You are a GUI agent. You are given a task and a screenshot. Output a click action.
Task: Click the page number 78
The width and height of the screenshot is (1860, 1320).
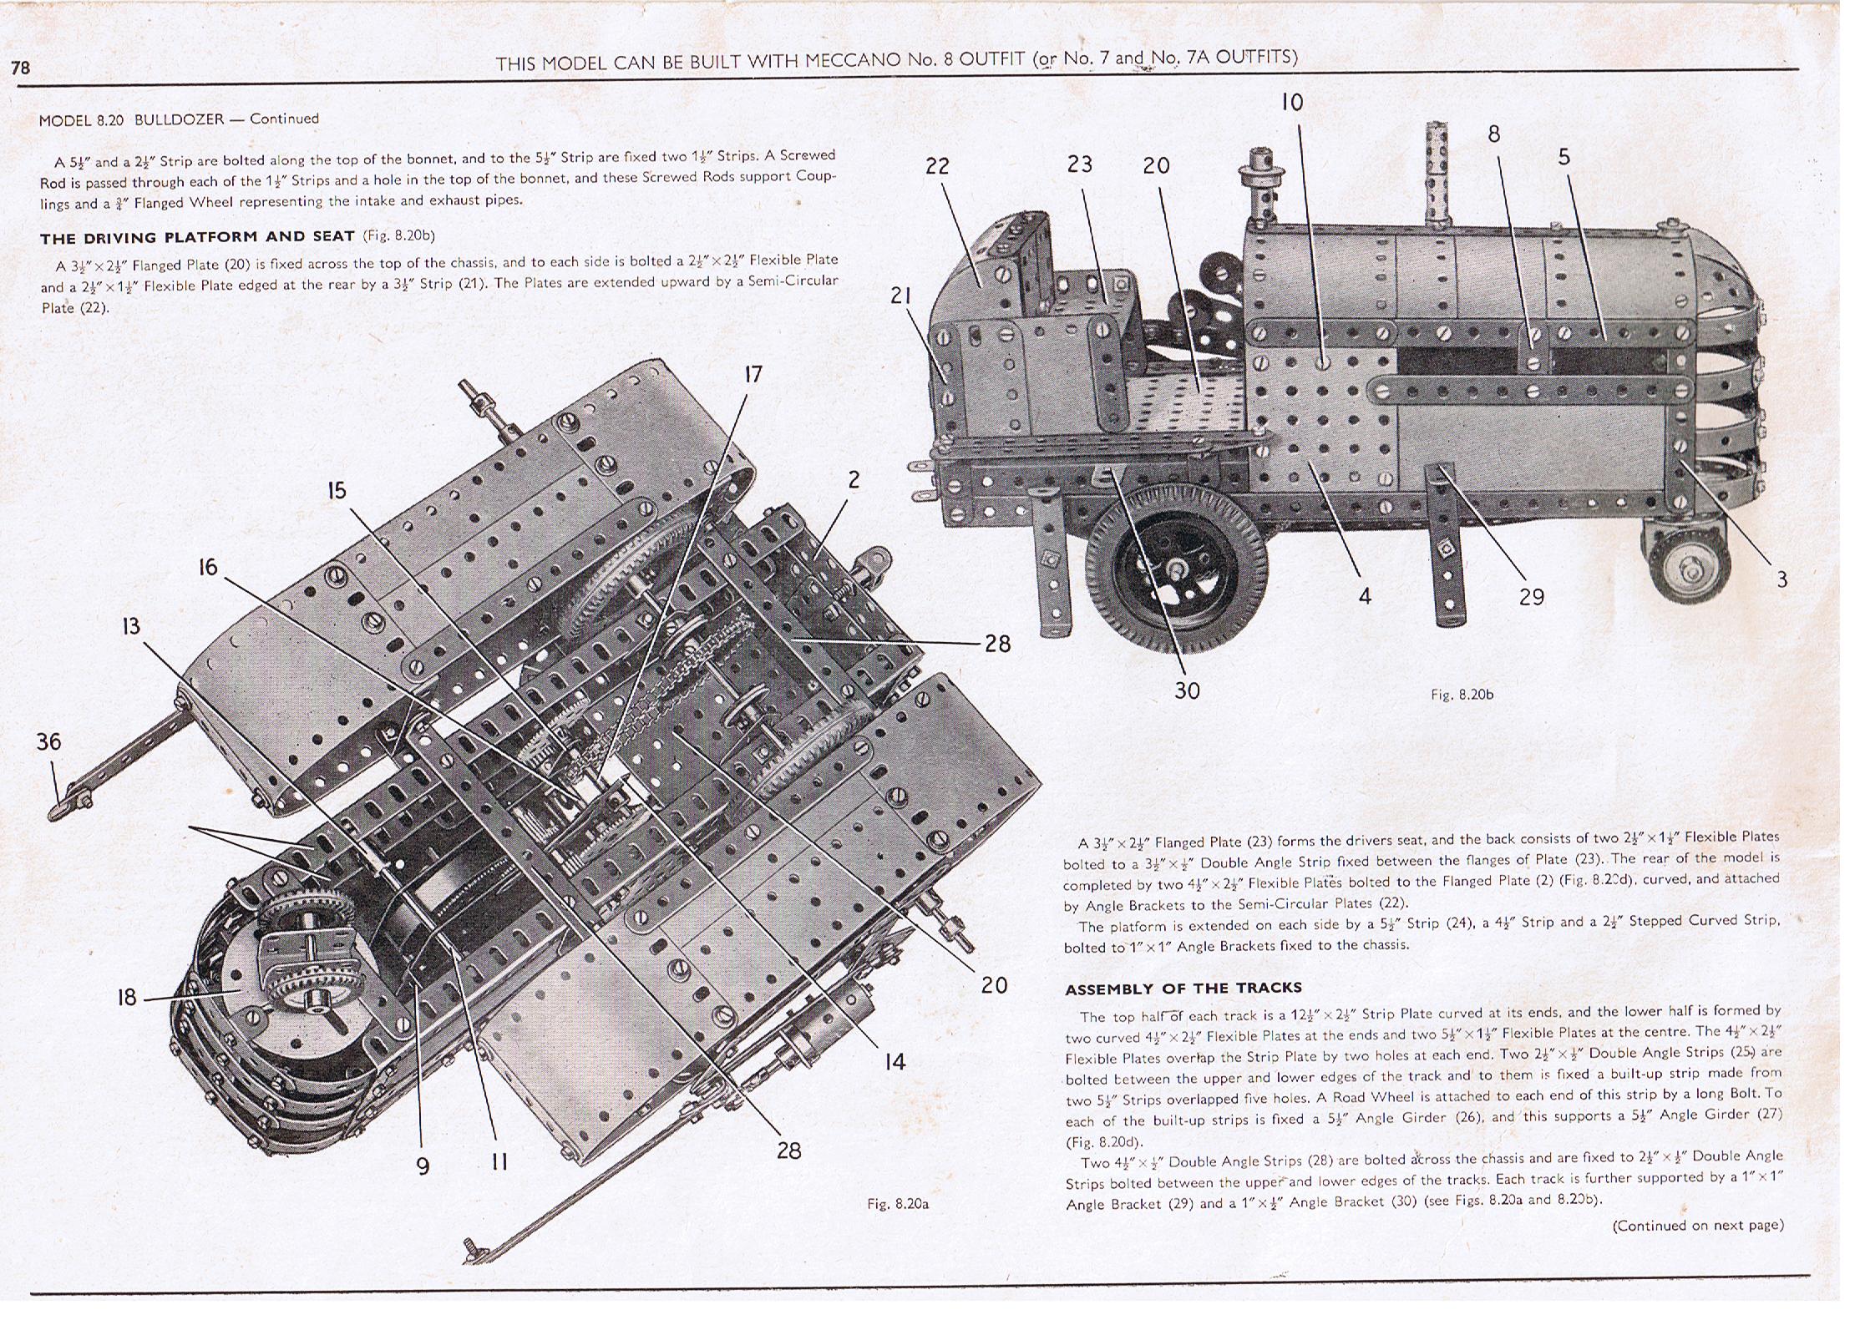[x=21, y=67]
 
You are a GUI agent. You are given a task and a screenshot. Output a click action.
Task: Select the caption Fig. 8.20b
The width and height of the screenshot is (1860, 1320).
[x=1461, y=694]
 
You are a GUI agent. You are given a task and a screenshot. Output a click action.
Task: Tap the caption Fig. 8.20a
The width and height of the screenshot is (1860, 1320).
[x=898, y=1203]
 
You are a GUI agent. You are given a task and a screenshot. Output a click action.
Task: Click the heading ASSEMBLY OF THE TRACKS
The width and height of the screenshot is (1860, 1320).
[x=1183, y=989]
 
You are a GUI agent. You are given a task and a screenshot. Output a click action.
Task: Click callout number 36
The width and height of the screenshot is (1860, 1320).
[x=48, y=741]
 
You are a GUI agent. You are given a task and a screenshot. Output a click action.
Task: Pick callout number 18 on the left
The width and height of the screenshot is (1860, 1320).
[x=126, y=998]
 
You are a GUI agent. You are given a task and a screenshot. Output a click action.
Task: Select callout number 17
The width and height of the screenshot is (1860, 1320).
[x=753, y=374]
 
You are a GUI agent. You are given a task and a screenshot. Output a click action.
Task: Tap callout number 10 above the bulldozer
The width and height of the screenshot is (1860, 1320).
[x=1291, y=103]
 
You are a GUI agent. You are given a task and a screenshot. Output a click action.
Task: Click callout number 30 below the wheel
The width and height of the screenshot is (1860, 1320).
[x=1187, y=690]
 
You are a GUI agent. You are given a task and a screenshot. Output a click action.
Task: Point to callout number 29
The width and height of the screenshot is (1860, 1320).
[x=1531, y=597]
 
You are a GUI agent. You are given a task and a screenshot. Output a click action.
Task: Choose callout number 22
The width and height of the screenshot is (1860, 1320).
[x=937, y=166]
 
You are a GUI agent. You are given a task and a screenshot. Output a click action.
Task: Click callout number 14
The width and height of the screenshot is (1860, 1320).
[x=895, y=1062]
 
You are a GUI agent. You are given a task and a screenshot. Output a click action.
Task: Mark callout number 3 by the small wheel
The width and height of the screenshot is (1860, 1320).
[x=1781, y=579]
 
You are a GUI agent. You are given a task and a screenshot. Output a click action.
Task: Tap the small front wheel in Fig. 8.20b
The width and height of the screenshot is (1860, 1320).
[x=1690, y=569]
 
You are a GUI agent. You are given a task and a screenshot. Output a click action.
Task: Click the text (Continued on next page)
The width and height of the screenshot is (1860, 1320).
[x=1697, y=1226]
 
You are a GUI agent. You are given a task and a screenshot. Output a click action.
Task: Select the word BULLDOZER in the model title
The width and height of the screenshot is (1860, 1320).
[x=179, y=119]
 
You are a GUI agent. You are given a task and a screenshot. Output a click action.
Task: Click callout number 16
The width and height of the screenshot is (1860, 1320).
[x=207, y=568]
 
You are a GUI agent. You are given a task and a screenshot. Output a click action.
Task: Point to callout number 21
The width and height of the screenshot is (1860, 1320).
[x=900, y=296]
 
